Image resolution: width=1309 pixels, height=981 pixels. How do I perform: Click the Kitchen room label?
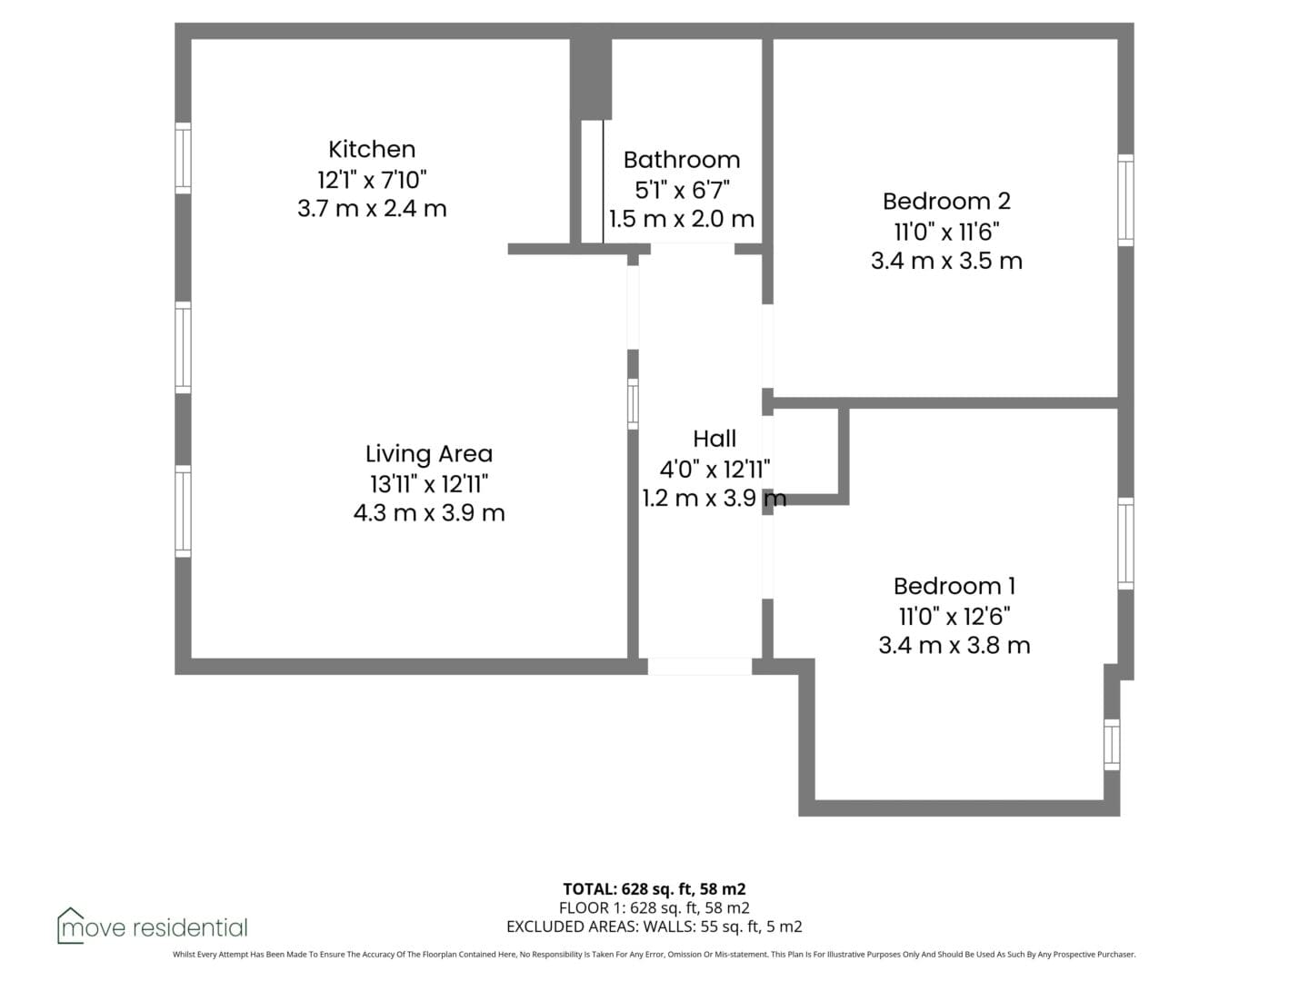pos(372,149)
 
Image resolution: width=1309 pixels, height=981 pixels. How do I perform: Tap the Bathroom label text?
pos(682,160)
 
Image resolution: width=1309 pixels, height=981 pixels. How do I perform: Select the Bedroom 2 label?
pos(946,201)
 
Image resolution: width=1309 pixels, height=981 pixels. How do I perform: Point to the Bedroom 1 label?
pos(954,586)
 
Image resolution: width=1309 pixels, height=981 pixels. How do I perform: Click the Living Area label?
pos(429,454)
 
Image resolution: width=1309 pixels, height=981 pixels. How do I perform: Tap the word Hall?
pos(714,439)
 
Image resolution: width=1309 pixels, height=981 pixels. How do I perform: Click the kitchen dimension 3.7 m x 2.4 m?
pos(372,209)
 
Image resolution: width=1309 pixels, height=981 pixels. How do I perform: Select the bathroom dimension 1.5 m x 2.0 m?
pos(682,219)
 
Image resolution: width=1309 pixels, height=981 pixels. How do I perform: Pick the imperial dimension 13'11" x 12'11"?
pos(429,484)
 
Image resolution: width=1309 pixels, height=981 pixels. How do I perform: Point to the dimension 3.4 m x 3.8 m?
pos(954,646)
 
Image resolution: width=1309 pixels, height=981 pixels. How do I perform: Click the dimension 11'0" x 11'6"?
pos(946,232)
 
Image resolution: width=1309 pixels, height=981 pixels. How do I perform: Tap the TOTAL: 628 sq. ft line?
pos(654,888)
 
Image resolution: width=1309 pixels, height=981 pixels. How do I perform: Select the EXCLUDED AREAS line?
pos(654,926)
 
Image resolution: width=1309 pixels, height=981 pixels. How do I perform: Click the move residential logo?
pos(152,926)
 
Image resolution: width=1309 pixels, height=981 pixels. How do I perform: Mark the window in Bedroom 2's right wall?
pos(1125,200)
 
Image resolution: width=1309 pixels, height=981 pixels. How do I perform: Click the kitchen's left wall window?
pos(183,158)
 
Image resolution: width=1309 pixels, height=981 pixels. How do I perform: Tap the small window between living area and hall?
pos(633,404)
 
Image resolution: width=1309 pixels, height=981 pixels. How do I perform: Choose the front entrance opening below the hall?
pos(700,666)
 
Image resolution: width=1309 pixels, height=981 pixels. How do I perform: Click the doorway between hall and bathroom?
pos(692,249)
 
